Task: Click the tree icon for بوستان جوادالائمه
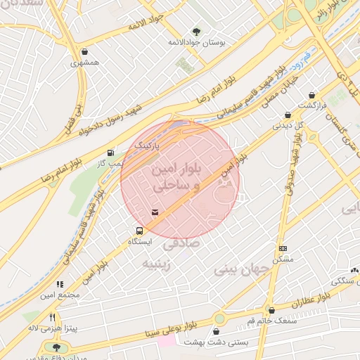click(x=196, y=31)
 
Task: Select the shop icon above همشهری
click(x=85, y=51)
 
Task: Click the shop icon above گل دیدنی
click(x=288, y=115)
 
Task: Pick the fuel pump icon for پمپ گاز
click(x=110, y=153)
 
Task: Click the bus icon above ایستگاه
click(x=139, y=230)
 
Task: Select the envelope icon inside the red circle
click(x=155, y=212)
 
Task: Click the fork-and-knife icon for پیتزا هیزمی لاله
click(x=52, y=317)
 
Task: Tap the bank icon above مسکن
click(x=283, y=248)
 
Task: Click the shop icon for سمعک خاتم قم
click(x=271, y=310)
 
